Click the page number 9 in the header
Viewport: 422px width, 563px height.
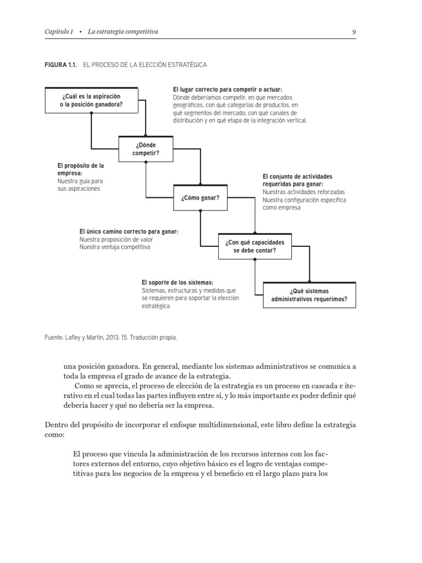354,32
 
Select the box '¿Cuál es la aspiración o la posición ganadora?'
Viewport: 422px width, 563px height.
91,100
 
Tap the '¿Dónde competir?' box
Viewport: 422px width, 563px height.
146,149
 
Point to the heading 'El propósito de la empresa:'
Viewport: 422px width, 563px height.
80,168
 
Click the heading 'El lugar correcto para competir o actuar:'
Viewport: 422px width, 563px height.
227,90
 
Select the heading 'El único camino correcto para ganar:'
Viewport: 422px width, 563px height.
129,231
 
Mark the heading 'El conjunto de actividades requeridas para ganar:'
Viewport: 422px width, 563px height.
297,180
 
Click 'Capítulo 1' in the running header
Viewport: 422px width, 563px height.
59,32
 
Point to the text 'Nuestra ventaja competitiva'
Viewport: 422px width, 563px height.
114,247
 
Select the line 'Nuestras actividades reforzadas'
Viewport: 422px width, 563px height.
303,192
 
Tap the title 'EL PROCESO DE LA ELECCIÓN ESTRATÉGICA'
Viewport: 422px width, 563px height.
145,65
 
